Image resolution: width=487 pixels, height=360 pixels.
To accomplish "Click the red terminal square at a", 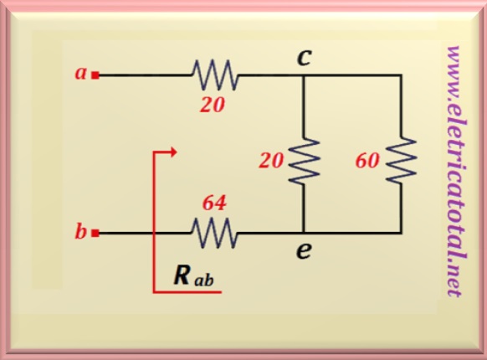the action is [95, 75].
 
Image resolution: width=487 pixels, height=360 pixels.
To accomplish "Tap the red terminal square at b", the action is [95, 233].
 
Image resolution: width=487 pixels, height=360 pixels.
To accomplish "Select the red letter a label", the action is [81, 74].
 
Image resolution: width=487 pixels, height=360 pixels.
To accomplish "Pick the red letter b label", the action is [80, 231].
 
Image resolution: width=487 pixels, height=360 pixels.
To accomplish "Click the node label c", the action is [304, 58].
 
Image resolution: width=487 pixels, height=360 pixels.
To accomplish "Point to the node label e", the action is [304, 251].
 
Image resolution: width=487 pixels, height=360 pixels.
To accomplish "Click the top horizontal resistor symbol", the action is [214, 75].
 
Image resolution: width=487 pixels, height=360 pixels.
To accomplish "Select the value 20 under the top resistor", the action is [213, 105].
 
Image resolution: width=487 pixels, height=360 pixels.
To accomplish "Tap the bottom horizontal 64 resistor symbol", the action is [214, 233].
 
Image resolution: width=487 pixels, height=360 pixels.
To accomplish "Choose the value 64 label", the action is [214, 203].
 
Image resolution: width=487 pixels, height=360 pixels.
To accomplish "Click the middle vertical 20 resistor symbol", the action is [304, 162].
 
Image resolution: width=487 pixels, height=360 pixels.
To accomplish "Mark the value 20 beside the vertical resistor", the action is [271, 161].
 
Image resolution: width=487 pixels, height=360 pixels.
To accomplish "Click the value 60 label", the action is [367, 161].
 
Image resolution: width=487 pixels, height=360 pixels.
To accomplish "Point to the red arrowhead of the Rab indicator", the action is [173, 152].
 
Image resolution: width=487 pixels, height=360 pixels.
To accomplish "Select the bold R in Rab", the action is [182, 275].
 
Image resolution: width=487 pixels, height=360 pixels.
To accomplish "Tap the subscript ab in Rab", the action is [204, 280].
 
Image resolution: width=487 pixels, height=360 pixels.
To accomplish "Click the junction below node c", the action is [304, 75].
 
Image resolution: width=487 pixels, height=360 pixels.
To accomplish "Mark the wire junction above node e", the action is [304, 233].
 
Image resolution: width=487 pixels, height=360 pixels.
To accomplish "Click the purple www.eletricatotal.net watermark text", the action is [455, 172].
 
